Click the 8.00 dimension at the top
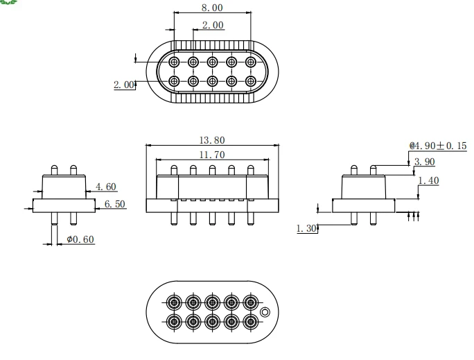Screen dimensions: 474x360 (212, 8)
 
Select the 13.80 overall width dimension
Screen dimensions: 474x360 (212, 140)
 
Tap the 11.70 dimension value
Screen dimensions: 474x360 (212, 155)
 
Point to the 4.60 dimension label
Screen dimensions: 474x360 (106, 187)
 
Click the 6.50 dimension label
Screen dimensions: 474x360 (114, 204)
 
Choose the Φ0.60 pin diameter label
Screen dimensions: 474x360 (80, 239)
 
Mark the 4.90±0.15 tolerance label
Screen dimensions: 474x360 (439, 146)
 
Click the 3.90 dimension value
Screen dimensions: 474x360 (424, 162)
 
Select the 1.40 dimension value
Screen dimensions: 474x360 (428, 180)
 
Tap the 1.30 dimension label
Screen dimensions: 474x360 (306, 228)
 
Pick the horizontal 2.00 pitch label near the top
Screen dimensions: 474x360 (213, 25)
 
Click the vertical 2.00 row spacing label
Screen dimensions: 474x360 (124, 85)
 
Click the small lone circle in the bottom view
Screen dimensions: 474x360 (265, 312)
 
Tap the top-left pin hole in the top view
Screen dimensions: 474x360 (174, 62)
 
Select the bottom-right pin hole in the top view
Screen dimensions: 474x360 (251, 81)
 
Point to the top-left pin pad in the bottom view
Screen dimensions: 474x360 (174, 302)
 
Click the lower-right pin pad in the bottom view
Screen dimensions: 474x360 (251, 322)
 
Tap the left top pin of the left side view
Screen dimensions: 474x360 (54, 170)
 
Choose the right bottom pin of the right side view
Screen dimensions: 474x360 (373, 218)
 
